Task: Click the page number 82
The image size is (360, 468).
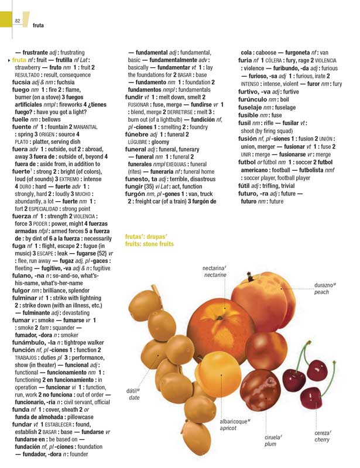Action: pyautogui.click(x=18, y=22)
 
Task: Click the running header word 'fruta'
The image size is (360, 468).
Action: pyautogui.click(x=39, y=25)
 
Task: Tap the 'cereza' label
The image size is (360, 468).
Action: pyautogui.click(x=322, y=432)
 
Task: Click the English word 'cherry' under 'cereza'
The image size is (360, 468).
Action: pyautogui.click(x=322, y=439)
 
